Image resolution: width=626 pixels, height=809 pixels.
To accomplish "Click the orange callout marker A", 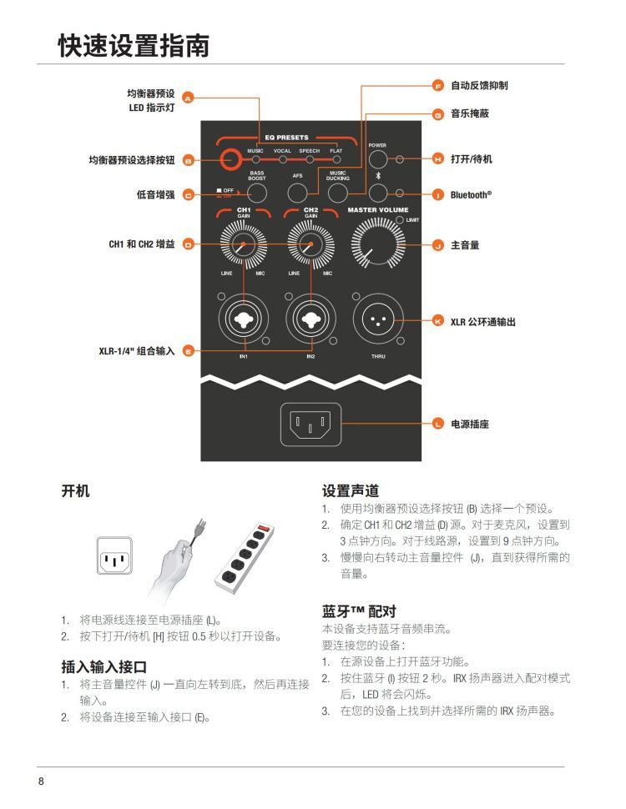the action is click(188, 98).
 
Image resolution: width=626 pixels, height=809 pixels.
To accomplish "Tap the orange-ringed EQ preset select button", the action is click(230, 159).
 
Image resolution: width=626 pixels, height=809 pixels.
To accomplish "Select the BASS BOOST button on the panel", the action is click(257, 193).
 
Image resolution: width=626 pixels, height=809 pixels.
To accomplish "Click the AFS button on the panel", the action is click(297, 193).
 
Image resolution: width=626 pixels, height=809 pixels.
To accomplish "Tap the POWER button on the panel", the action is click(377, 159).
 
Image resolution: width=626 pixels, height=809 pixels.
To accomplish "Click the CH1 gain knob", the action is click(243, 244).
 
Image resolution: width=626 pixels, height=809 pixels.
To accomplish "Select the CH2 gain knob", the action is click(311, 244).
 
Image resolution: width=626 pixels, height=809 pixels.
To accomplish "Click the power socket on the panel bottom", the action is click(310, 425).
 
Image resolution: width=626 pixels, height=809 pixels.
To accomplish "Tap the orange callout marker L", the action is click(438, 425).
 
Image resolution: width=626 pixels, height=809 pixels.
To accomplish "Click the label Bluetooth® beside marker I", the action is click(471, 195).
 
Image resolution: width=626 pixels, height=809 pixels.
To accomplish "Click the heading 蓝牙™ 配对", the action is click(359, 611).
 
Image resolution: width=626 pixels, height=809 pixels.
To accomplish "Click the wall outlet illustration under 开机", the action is click(114, 555).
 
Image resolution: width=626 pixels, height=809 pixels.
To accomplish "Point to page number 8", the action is click(42, 781).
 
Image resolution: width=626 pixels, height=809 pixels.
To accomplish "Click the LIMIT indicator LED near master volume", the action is click(399, 220).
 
